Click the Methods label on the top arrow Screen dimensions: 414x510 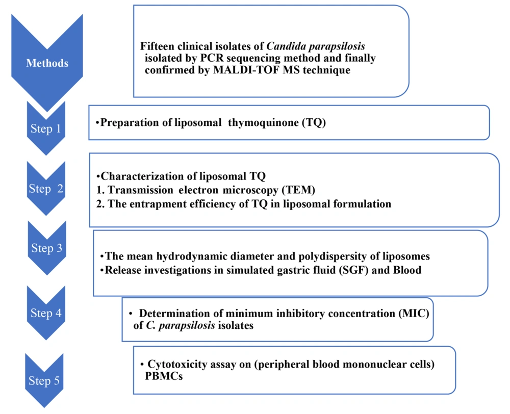[47, 64]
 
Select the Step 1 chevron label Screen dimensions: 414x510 [47, 128]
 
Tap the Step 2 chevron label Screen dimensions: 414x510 [46, 189]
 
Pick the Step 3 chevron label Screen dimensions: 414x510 [46, 248]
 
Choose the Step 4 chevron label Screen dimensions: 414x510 [46, 313]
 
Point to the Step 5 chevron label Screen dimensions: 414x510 [47, 381]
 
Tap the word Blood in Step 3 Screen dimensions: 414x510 [406, 270]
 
